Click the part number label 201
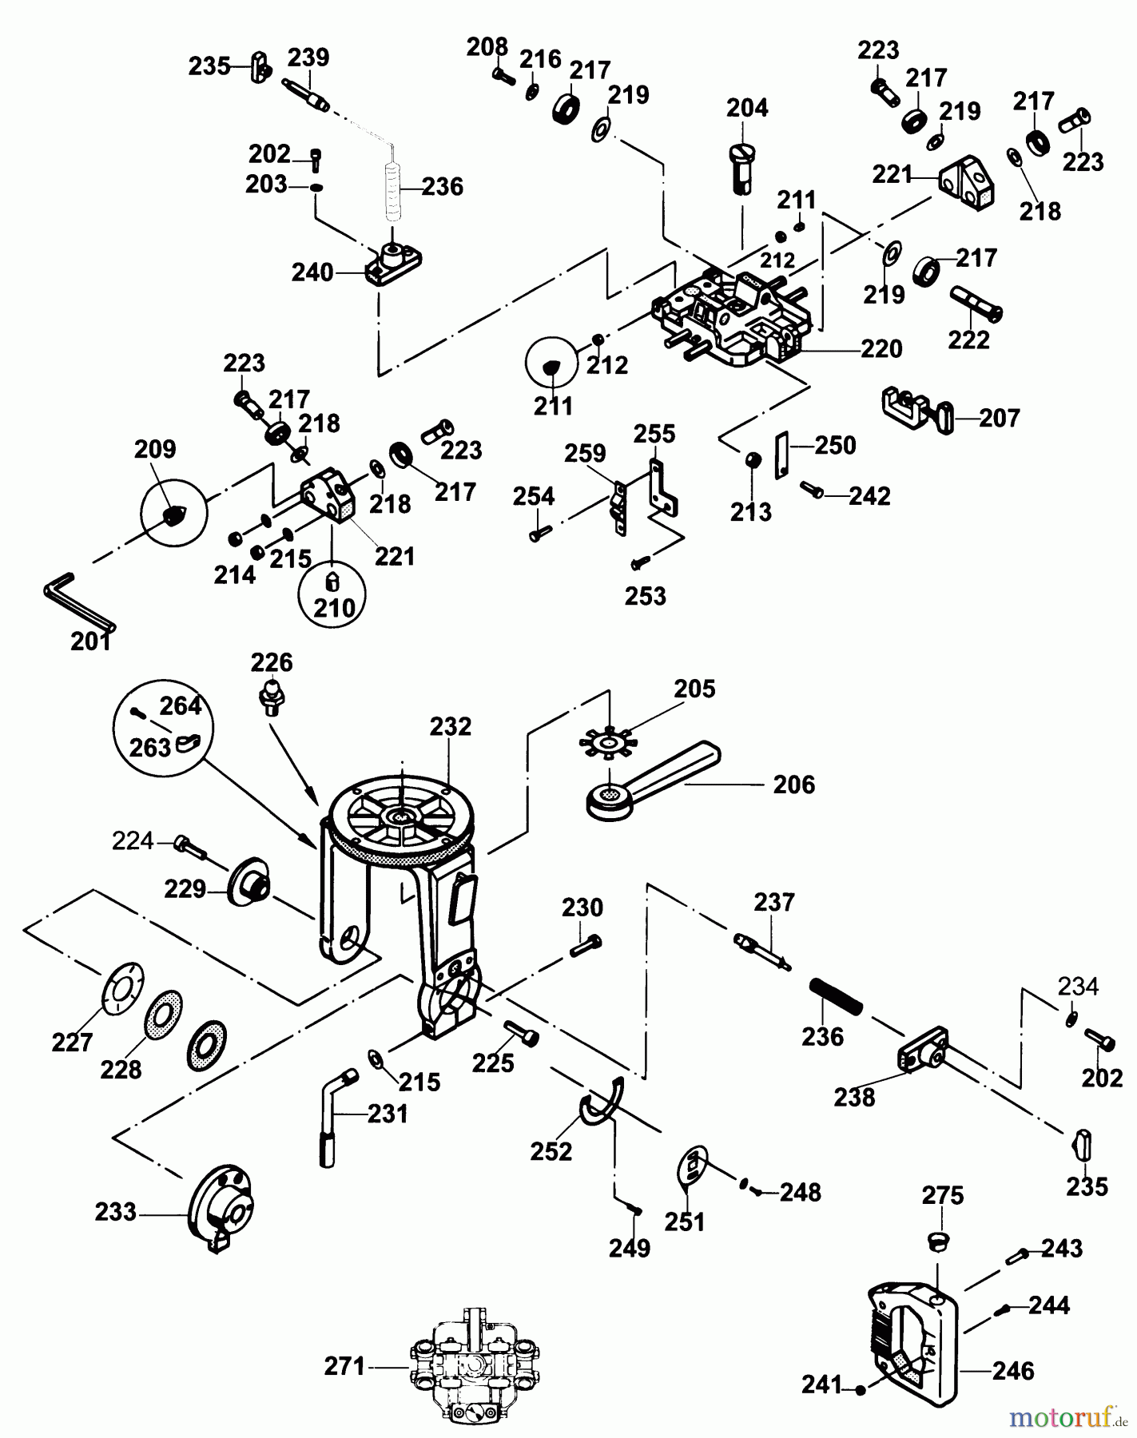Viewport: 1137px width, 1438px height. tap(90, 642)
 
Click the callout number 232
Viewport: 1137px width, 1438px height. tap(451, 727)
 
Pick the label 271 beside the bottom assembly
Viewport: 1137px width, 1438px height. tap(344, 1367)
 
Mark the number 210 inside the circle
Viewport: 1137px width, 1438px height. tap(334, 608)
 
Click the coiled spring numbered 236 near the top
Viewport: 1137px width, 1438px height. tap(392, 192)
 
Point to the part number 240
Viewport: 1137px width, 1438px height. tap(312, 272)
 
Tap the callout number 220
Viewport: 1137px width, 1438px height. tap(881, 348)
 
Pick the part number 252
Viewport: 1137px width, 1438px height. tap(551, 1151)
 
